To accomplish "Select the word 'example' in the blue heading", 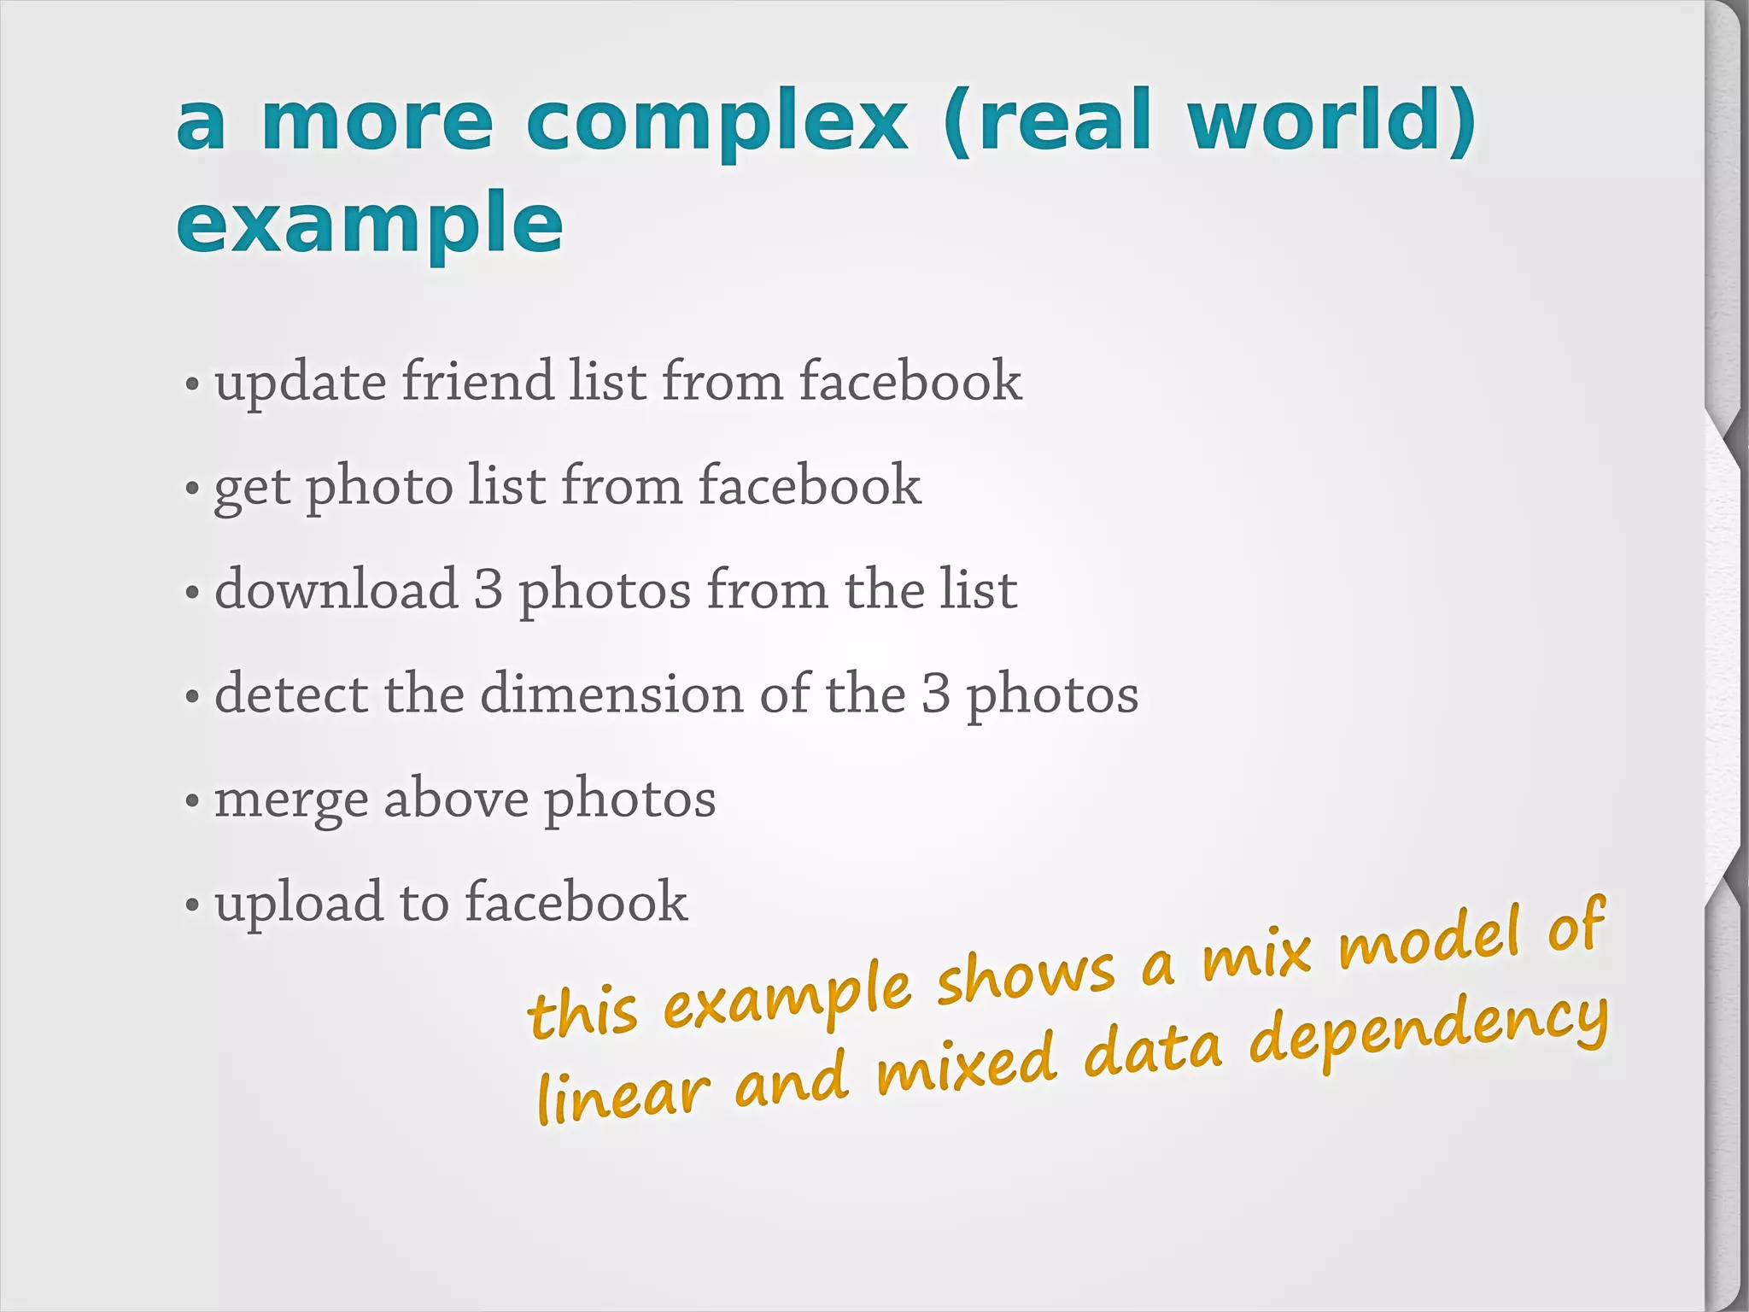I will point(369,224).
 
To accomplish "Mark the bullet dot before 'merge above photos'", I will point(192,802).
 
